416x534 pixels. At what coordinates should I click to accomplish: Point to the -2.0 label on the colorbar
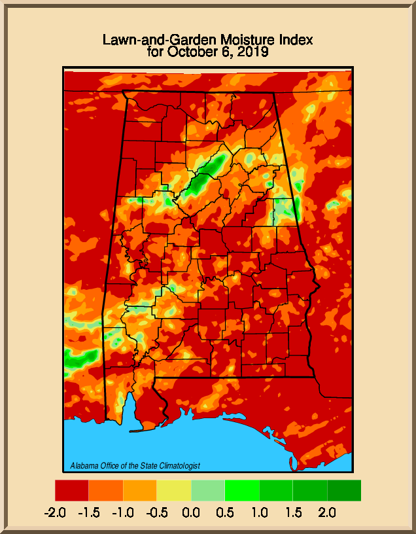pos(55,512)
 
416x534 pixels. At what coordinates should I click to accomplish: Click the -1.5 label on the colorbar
pos(89,512)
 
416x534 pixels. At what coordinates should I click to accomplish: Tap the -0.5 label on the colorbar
pos(157,512)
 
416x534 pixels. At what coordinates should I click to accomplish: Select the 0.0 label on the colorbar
pos(191,512)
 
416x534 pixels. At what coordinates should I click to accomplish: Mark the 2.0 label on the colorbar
pos(327,512)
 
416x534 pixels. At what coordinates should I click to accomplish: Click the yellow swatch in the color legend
pos(174,490)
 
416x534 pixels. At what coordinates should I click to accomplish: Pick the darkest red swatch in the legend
pos(72,490)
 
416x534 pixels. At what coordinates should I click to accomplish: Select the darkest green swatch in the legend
pos(344,490)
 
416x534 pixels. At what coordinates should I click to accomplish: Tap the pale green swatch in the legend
pos(208,490)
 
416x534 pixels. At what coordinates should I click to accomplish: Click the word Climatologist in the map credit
pos(177,466)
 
